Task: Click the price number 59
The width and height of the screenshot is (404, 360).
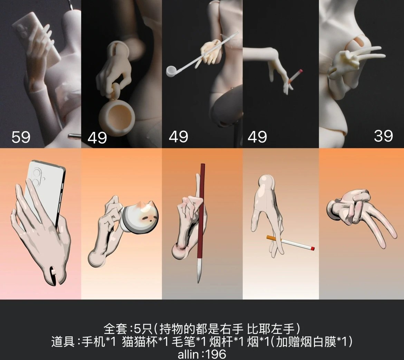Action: pyautogui.click(x=21, y=137)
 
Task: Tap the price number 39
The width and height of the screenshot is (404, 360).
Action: pyautogui.click(x=383, y=136)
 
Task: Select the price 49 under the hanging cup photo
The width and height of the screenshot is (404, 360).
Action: pyautogui.click(x=97, y=138)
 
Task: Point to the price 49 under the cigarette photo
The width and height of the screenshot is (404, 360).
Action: pyautogui.click(x=257, y=137)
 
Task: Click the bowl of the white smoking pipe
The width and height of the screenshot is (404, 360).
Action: pyautogui.click(x=171, y=71)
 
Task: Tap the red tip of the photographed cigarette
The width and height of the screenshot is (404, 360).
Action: pyautogui.click(x=300, y=71)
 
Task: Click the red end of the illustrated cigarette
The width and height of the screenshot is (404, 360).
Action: pyautogui.click(x=312, y=249)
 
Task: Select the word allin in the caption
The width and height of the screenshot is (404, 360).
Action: pyautogui.click(x=188, y=354)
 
